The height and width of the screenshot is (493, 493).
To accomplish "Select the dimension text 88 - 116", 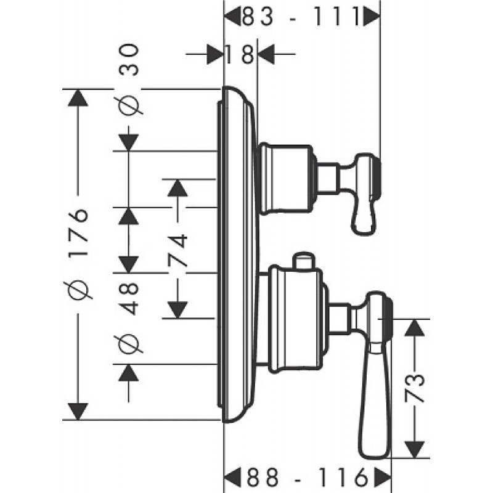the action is (x=307, y=476).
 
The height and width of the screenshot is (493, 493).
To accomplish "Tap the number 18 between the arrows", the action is (x=240, y=54).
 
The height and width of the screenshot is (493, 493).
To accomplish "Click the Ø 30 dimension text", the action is (x=128, y=79).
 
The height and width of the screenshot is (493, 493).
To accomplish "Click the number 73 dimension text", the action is (x=414, y=388).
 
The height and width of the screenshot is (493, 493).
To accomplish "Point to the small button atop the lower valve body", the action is (x=303, y=260).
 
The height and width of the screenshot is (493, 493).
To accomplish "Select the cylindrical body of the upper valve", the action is (x=285, y=179).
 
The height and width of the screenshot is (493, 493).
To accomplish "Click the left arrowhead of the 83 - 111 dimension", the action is (x=234, y=17).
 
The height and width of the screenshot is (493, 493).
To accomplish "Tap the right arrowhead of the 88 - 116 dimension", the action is (x=383, y=476).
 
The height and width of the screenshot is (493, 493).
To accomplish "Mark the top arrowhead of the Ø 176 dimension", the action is (x=78, y=98).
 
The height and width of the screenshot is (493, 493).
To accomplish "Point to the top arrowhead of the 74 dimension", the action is (x=177, y=188).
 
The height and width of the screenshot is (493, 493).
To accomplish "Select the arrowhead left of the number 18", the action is (x=214, y=54).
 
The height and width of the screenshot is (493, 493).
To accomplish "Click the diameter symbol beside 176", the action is (x=78, y=290).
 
